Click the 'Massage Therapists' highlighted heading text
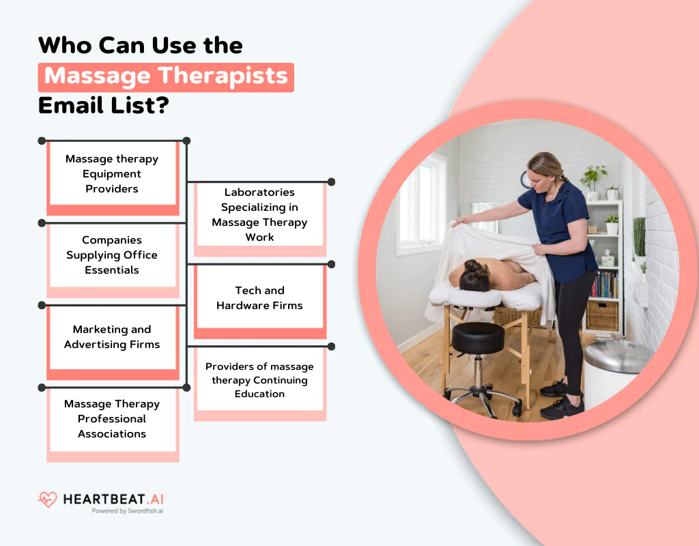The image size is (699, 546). [x=166, y=76]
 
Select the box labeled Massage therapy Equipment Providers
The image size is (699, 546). [x=112, y=174]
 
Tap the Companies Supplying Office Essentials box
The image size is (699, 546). [x=112, y=255]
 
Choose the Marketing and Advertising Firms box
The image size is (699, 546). [x=112, y=337]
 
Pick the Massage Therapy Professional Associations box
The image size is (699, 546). [x=112, y=419]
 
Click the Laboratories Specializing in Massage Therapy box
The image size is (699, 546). [x=259, y=214]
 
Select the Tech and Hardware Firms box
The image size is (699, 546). [x=259, y=298]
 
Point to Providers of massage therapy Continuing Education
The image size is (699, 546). [x=259, y=380]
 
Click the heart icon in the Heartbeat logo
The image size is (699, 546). [x=47, y=500]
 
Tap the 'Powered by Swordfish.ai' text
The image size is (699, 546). [x=128, y=511]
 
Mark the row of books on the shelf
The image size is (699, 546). [x=605, y=284]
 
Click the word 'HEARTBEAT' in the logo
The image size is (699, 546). [x=106, y=499]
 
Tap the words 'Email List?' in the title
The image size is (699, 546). [x=103, y=106]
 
